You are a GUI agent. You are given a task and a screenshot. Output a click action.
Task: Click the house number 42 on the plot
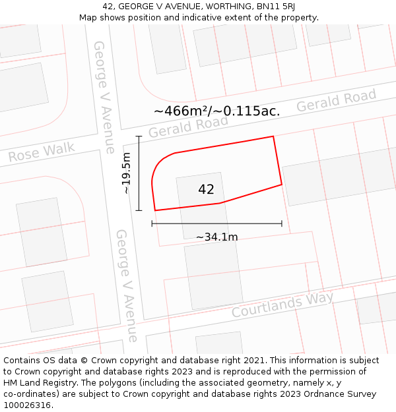tap(206, 190)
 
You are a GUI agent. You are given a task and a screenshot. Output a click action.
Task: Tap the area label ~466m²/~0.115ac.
tap(217, 111)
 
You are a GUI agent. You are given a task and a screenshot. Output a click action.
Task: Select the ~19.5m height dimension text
tap(127, 173)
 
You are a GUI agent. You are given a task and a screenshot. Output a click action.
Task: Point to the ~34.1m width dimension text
tap(217, 237)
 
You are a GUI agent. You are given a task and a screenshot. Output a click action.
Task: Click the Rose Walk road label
tap(42, 152)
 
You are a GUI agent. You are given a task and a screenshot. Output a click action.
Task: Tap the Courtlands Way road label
tap(282, 304)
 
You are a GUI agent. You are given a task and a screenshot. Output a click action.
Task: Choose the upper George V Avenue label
tap(105, 97)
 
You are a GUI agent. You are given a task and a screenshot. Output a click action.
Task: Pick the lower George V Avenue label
tap(127, 285)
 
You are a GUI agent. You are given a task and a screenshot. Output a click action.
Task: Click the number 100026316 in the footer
tap(28, 405)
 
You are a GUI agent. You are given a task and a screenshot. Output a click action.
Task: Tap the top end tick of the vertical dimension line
tap(139, 136)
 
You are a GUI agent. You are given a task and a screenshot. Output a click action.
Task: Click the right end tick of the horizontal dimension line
tap(282, 223)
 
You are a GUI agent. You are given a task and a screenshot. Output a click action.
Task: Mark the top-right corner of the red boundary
tap(273, 136)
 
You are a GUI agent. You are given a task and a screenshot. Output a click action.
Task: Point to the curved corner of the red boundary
tap(158, 163)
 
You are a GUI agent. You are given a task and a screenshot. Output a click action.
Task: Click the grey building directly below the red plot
tap(213, 274)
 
